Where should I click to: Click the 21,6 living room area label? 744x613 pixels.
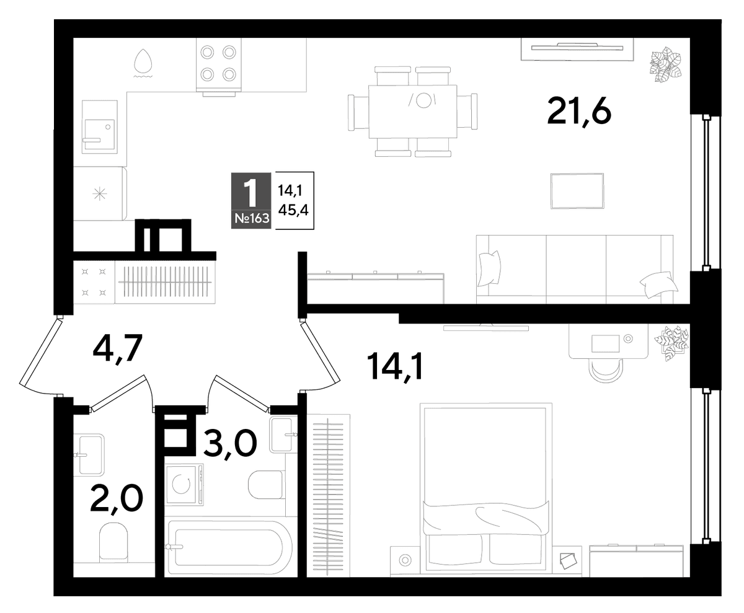(x=579, y=112)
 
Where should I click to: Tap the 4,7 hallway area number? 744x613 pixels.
(x=118, y=348)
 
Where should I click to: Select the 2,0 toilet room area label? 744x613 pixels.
(x=117, y=500)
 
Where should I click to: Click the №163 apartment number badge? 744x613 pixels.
(x=251, y=218)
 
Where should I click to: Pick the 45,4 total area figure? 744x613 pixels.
(x=293, y=211)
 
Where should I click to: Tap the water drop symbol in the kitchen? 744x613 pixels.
(x=143, y=63)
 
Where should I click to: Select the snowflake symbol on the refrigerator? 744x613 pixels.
(x=100, y=194)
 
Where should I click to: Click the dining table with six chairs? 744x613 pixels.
(x=413, y=112)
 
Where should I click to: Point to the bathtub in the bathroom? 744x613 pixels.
(x=230, y=547)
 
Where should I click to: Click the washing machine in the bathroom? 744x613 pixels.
(x=184, y=485)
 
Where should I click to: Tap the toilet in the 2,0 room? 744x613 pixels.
(x=113, y=542)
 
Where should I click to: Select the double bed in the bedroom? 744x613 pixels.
(x=486, y=490)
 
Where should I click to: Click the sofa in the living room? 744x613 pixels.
(x=575, y=269)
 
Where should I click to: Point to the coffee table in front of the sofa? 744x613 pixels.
(x=577, y=190)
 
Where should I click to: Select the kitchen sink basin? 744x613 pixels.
(x=99, y=127)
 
